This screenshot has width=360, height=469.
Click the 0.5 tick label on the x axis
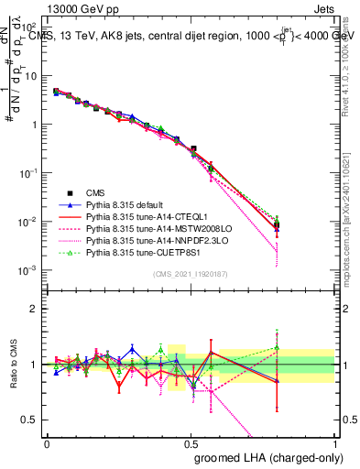coord(191,443)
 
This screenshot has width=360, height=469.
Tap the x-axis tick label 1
coord(334,443)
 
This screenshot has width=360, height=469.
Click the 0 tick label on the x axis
coord(47,443)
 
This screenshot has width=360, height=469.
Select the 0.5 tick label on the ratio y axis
coord(31,420)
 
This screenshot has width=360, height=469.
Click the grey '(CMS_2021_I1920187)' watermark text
coord(191,274)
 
